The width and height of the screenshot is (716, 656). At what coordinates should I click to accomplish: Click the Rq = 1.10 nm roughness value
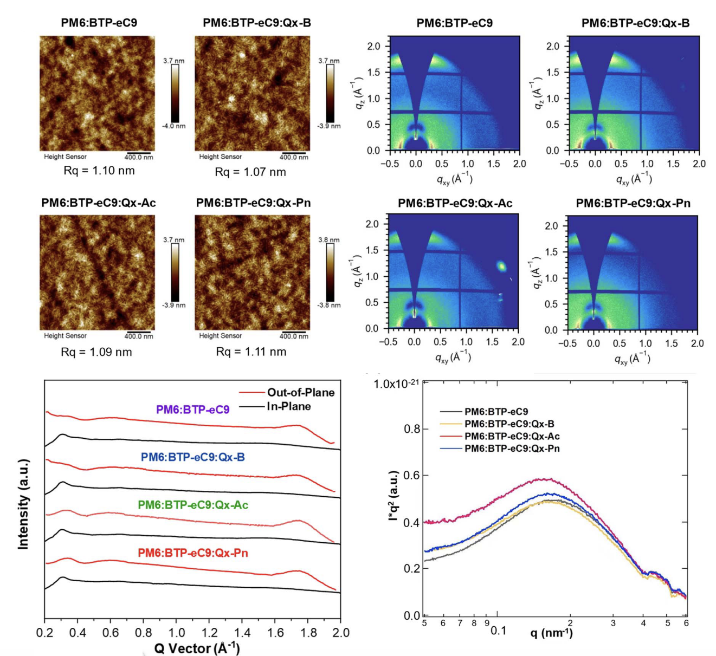[98, 171]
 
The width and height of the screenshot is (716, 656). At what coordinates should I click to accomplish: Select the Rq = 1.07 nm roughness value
[250, 172]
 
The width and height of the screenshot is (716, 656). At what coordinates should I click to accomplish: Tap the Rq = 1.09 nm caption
[96, 352]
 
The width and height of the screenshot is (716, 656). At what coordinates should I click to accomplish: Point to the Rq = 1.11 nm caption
[251, 352]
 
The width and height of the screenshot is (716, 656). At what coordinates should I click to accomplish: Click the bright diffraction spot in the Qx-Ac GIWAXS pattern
[501, 266]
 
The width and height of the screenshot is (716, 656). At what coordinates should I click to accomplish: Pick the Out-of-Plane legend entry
[300, 392]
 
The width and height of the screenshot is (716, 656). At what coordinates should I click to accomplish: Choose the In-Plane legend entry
[288, 406]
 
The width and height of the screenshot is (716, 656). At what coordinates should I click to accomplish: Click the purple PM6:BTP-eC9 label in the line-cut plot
[192, 410]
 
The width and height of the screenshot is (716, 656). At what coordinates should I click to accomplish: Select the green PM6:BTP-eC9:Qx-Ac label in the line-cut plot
[193, 505]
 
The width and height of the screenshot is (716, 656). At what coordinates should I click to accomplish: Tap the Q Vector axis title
[197, 648]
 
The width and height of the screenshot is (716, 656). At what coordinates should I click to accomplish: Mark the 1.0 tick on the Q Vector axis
[177, 633]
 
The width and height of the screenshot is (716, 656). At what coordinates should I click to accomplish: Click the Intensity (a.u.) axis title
[23, 504]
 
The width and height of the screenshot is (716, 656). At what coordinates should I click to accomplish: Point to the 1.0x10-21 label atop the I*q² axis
[396, 384]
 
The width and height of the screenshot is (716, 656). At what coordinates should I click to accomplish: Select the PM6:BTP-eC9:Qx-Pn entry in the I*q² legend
[512, 449]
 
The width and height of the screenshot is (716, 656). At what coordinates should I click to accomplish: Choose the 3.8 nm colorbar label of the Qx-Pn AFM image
[329, 240]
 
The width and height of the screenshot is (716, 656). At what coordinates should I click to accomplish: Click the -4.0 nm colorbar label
[175, 126]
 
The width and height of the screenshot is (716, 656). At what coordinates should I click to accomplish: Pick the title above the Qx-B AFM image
[257, 23]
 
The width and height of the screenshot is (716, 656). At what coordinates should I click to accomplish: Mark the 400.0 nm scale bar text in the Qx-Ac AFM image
[139, 336]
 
